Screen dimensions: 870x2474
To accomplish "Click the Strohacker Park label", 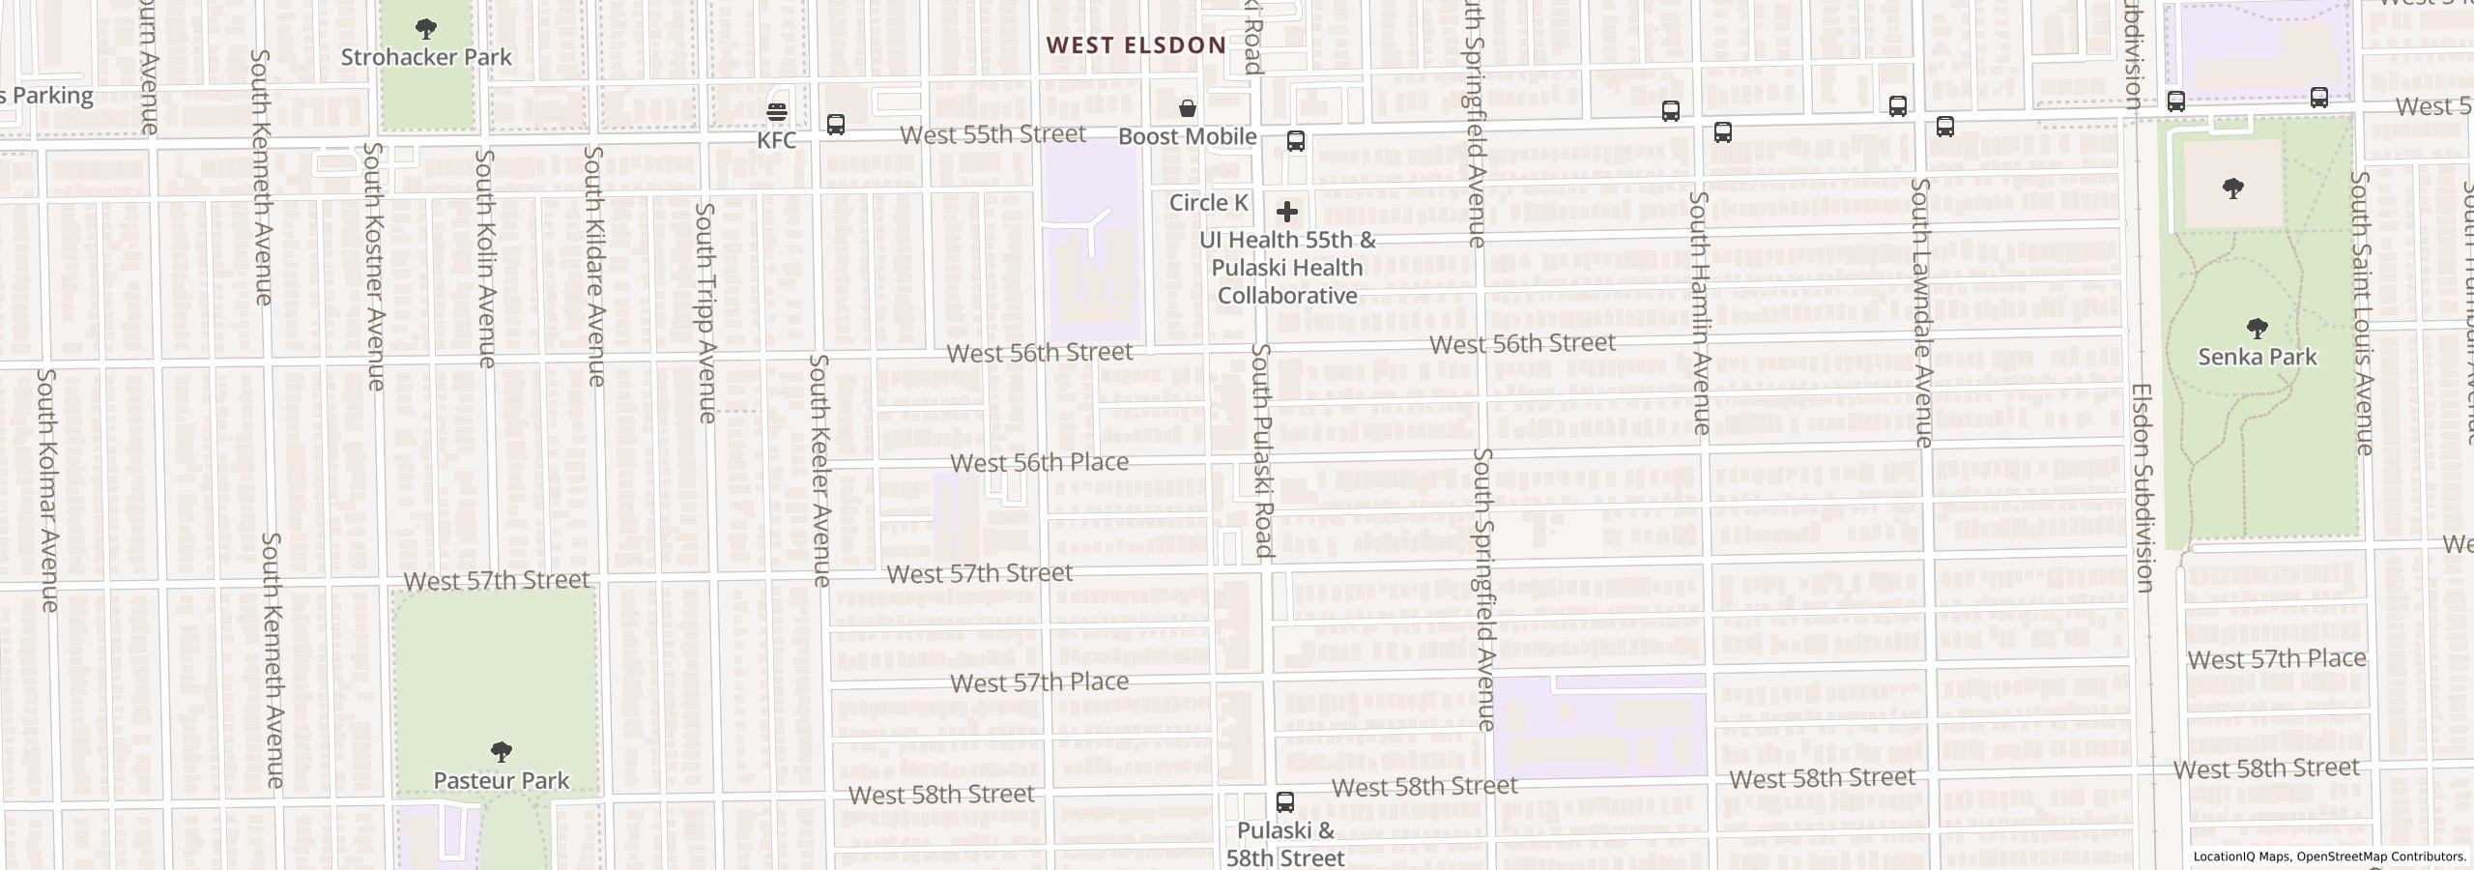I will point(426,57).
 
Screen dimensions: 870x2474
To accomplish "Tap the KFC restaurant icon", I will point(777,112).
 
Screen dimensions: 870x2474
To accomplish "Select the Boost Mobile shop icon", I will point(1187,108).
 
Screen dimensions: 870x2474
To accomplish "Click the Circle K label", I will point(1208,203).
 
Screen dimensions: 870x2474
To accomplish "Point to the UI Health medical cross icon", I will point(1287,212).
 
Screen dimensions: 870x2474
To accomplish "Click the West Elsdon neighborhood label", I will point(1136,45).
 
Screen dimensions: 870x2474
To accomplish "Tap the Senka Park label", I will point(2258,357).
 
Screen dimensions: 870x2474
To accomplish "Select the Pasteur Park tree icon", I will point(501,751).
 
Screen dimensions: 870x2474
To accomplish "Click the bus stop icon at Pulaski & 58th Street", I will point(1285,802).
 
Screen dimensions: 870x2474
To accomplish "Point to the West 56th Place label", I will point(1040,463).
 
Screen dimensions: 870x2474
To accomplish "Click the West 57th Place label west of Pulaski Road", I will point(1040,682).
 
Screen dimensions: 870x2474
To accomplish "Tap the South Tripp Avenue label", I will point(706,312).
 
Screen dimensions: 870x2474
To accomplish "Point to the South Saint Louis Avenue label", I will point(2361,312).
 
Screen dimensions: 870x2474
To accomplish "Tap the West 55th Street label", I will point(993,134).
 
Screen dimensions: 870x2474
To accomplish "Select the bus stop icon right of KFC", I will point(836,125).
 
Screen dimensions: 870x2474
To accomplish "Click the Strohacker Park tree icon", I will point(425,28).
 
